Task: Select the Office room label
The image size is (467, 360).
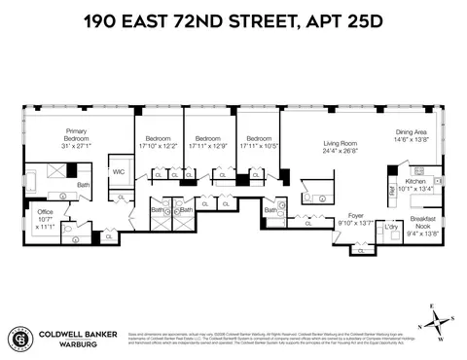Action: coord(44,211)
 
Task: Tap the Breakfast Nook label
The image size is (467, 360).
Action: coord(422,220)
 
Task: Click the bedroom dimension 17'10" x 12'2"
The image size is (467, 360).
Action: coord(158,145)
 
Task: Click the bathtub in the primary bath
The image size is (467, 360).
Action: coord(36,181)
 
